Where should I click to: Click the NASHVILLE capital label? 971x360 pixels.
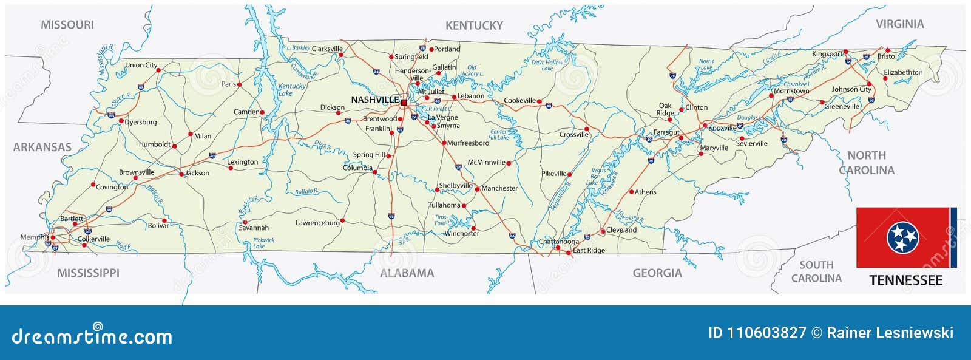tap(374, 100)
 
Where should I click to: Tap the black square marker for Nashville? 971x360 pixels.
tap(404, 103)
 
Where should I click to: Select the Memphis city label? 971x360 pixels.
tap(35, 237)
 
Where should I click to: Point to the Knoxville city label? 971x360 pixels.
tap(722, 128)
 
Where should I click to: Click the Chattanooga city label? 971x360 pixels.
tap(559, 242)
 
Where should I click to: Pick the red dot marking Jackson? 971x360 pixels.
tap(181, 174)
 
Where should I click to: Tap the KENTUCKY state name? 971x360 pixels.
tap(474, 25)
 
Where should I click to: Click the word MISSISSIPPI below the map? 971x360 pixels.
tap(88, 273)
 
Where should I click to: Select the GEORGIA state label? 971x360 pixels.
tap(657, 273)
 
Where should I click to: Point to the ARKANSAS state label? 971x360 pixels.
tap(42, 148)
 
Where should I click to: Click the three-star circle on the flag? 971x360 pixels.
tap(903, 238)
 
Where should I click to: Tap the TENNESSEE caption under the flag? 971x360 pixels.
tap(905, 280)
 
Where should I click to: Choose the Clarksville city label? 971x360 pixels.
tap(327, 49)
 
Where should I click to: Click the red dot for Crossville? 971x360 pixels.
tap(587, 129)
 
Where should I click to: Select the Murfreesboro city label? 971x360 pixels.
tap(468, 143)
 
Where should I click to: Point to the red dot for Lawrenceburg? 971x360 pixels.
tap(342, 220)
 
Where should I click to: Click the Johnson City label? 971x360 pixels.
tap(851, 89)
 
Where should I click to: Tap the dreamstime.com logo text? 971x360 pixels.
tap(92, 336)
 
